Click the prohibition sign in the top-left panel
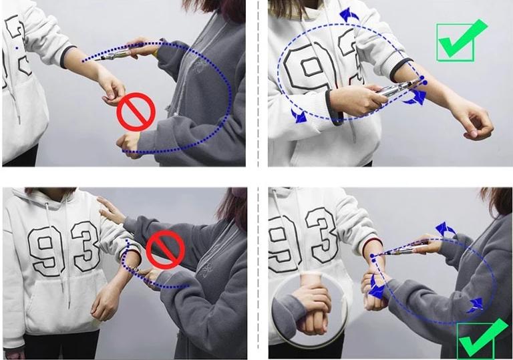pos(136,111)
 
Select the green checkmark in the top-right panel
pos(460,39)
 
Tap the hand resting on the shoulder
pos(111,208)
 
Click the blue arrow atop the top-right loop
pos(349,15)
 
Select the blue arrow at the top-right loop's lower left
pos(299,116)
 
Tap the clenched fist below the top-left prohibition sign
pos(128,142)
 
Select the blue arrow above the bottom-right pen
pos(446,229)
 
